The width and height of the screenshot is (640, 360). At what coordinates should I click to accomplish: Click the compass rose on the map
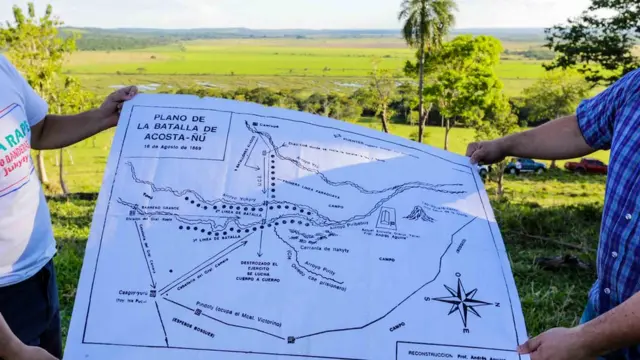[461, 299]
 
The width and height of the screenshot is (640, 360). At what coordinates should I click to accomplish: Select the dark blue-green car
[524, 166]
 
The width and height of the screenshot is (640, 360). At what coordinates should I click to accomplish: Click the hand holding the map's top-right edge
[487, 151]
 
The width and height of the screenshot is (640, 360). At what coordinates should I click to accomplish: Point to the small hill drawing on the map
[418, 214]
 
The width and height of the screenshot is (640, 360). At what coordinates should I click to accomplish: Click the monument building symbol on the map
[386, 217]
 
